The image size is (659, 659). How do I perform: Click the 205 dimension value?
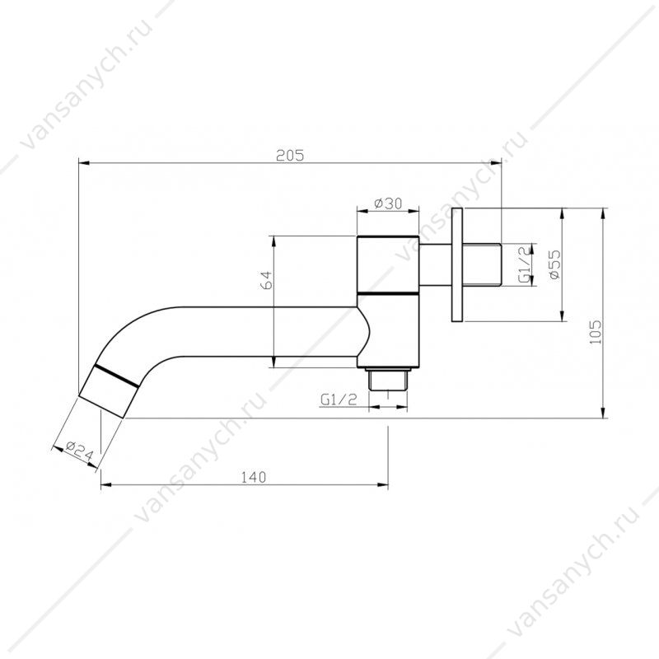pos(289,156)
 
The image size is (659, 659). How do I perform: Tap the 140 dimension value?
pos(253,478)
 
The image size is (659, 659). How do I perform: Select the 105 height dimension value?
pos(596,332)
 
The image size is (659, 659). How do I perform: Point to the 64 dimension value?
pos(266,280)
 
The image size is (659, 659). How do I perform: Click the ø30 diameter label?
pos(388,203)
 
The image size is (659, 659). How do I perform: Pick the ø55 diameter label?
pos(554,264)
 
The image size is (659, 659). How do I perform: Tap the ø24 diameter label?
pos(79,450)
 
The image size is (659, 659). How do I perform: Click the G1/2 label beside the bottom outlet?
pos(339,400)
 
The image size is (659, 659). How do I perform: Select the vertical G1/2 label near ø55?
pos(525,264)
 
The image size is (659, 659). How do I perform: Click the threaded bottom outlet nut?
pos(387,380)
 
